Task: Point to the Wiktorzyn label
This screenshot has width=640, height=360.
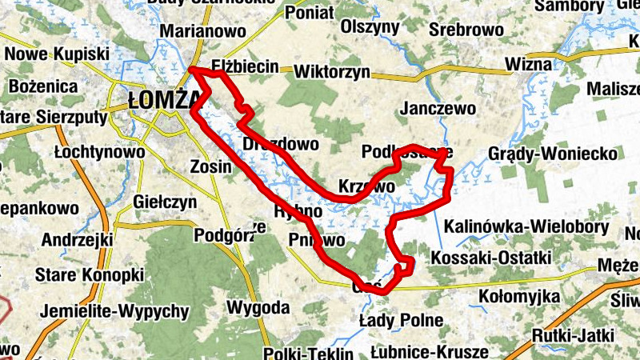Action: [x=332, y=71]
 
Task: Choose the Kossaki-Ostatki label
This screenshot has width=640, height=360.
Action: [x=491, y=258]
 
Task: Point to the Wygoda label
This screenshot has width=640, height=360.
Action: [x=258, y=307]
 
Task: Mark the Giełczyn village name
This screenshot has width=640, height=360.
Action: [x=166, y=202]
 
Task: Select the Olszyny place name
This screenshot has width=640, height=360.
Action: [x=370, y=26]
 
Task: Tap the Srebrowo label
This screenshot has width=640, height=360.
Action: [x=466, y=30]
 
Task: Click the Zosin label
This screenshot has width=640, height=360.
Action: [x=210, y=167]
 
